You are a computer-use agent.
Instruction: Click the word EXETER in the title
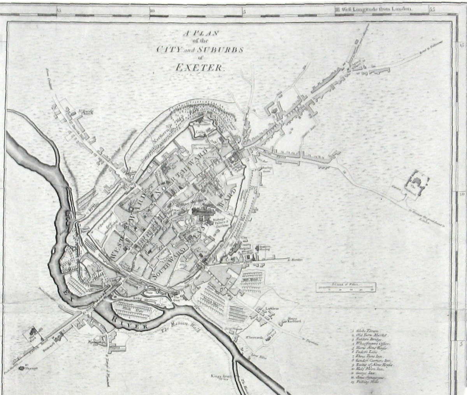pyautogui.click(x=199, y=67)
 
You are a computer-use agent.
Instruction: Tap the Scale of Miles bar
pyautogui.click(x=346, y=287)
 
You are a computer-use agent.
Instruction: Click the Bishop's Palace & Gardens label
pyautogui.click(x=220, y=222)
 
